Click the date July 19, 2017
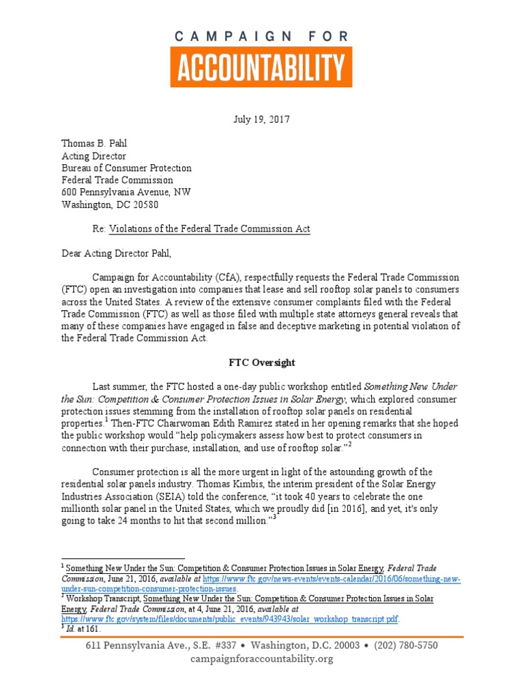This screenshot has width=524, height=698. coord(262,119)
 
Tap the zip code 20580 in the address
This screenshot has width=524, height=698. coord(146,204)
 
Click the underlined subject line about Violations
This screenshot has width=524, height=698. coord(211,229)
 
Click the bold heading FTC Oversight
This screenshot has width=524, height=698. coord(262,362)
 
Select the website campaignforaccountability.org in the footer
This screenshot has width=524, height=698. coord(262,658)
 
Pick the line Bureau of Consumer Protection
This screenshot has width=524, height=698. coord(126,168)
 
